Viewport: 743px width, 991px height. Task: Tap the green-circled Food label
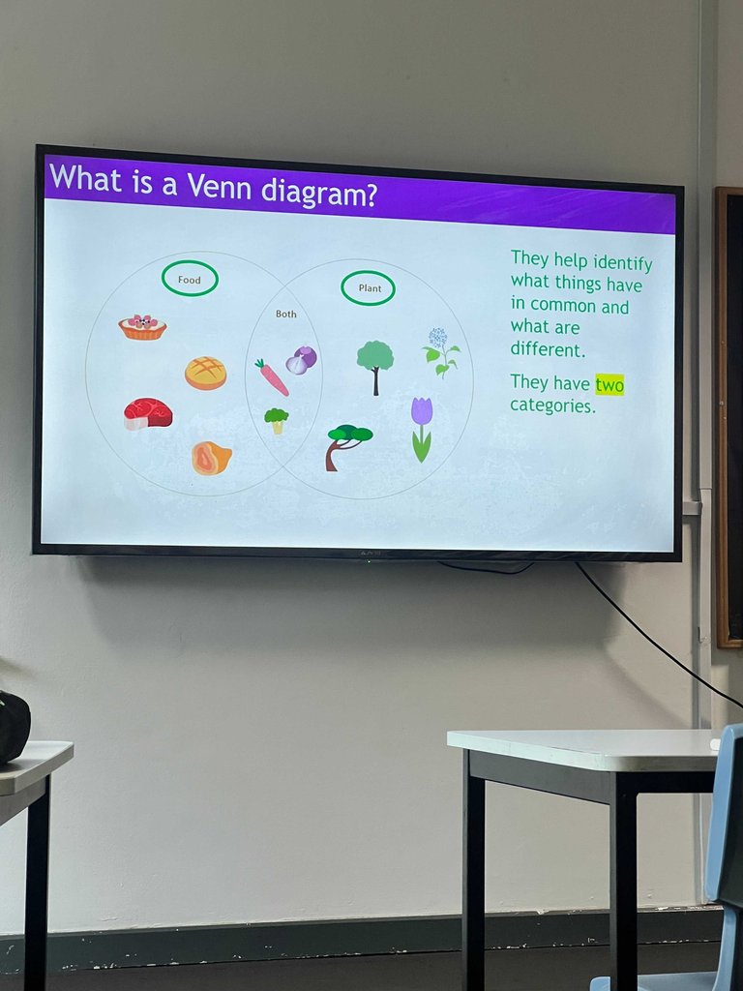coord(190,279)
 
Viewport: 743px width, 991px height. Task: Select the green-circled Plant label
coord(369,288)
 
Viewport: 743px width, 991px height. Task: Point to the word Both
coord(285,314)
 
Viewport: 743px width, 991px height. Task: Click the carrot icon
coord(272,376)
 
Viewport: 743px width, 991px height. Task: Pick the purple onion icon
coord(302,360)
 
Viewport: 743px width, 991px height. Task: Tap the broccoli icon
coord(276,420)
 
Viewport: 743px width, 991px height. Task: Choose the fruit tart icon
coord(142,327)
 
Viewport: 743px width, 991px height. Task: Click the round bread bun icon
coord(205,373)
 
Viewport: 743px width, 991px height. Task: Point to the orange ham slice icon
coord(211,458)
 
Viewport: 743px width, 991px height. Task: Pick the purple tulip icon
coord(422,430)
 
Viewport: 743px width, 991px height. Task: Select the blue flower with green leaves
coord(440,352)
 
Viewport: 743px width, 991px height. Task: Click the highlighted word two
coord(609,384)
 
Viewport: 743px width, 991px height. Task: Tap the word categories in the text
coord(552,405)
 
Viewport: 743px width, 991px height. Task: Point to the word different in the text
coord(548,348)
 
